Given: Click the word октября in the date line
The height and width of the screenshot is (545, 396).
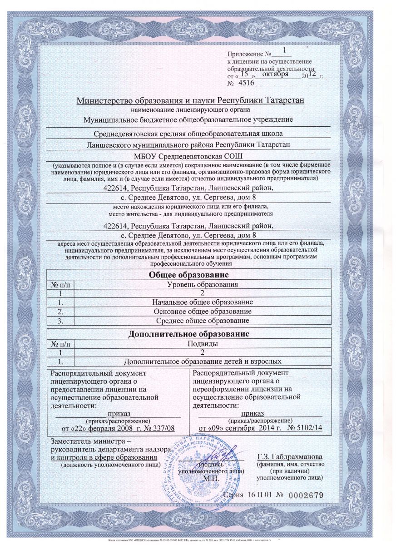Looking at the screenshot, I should tap(276, 74).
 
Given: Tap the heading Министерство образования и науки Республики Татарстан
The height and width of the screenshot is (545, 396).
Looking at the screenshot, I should tap(190, 100).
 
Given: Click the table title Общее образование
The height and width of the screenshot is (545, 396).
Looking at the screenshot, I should tap(189, 275).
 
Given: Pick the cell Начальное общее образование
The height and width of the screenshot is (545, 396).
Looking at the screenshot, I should tap(201, 302).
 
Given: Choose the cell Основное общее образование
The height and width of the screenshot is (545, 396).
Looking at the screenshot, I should tap(201, 311).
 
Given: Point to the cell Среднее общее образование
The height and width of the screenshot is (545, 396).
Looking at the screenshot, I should tap(201, 320).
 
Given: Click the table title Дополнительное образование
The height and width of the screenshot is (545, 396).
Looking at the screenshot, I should tap(189, 335).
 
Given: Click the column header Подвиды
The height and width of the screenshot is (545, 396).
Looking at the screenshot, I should tap(202, 344).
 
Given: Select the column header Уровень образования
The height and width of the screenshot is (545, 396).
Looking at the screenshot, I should tap(201, 284).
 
